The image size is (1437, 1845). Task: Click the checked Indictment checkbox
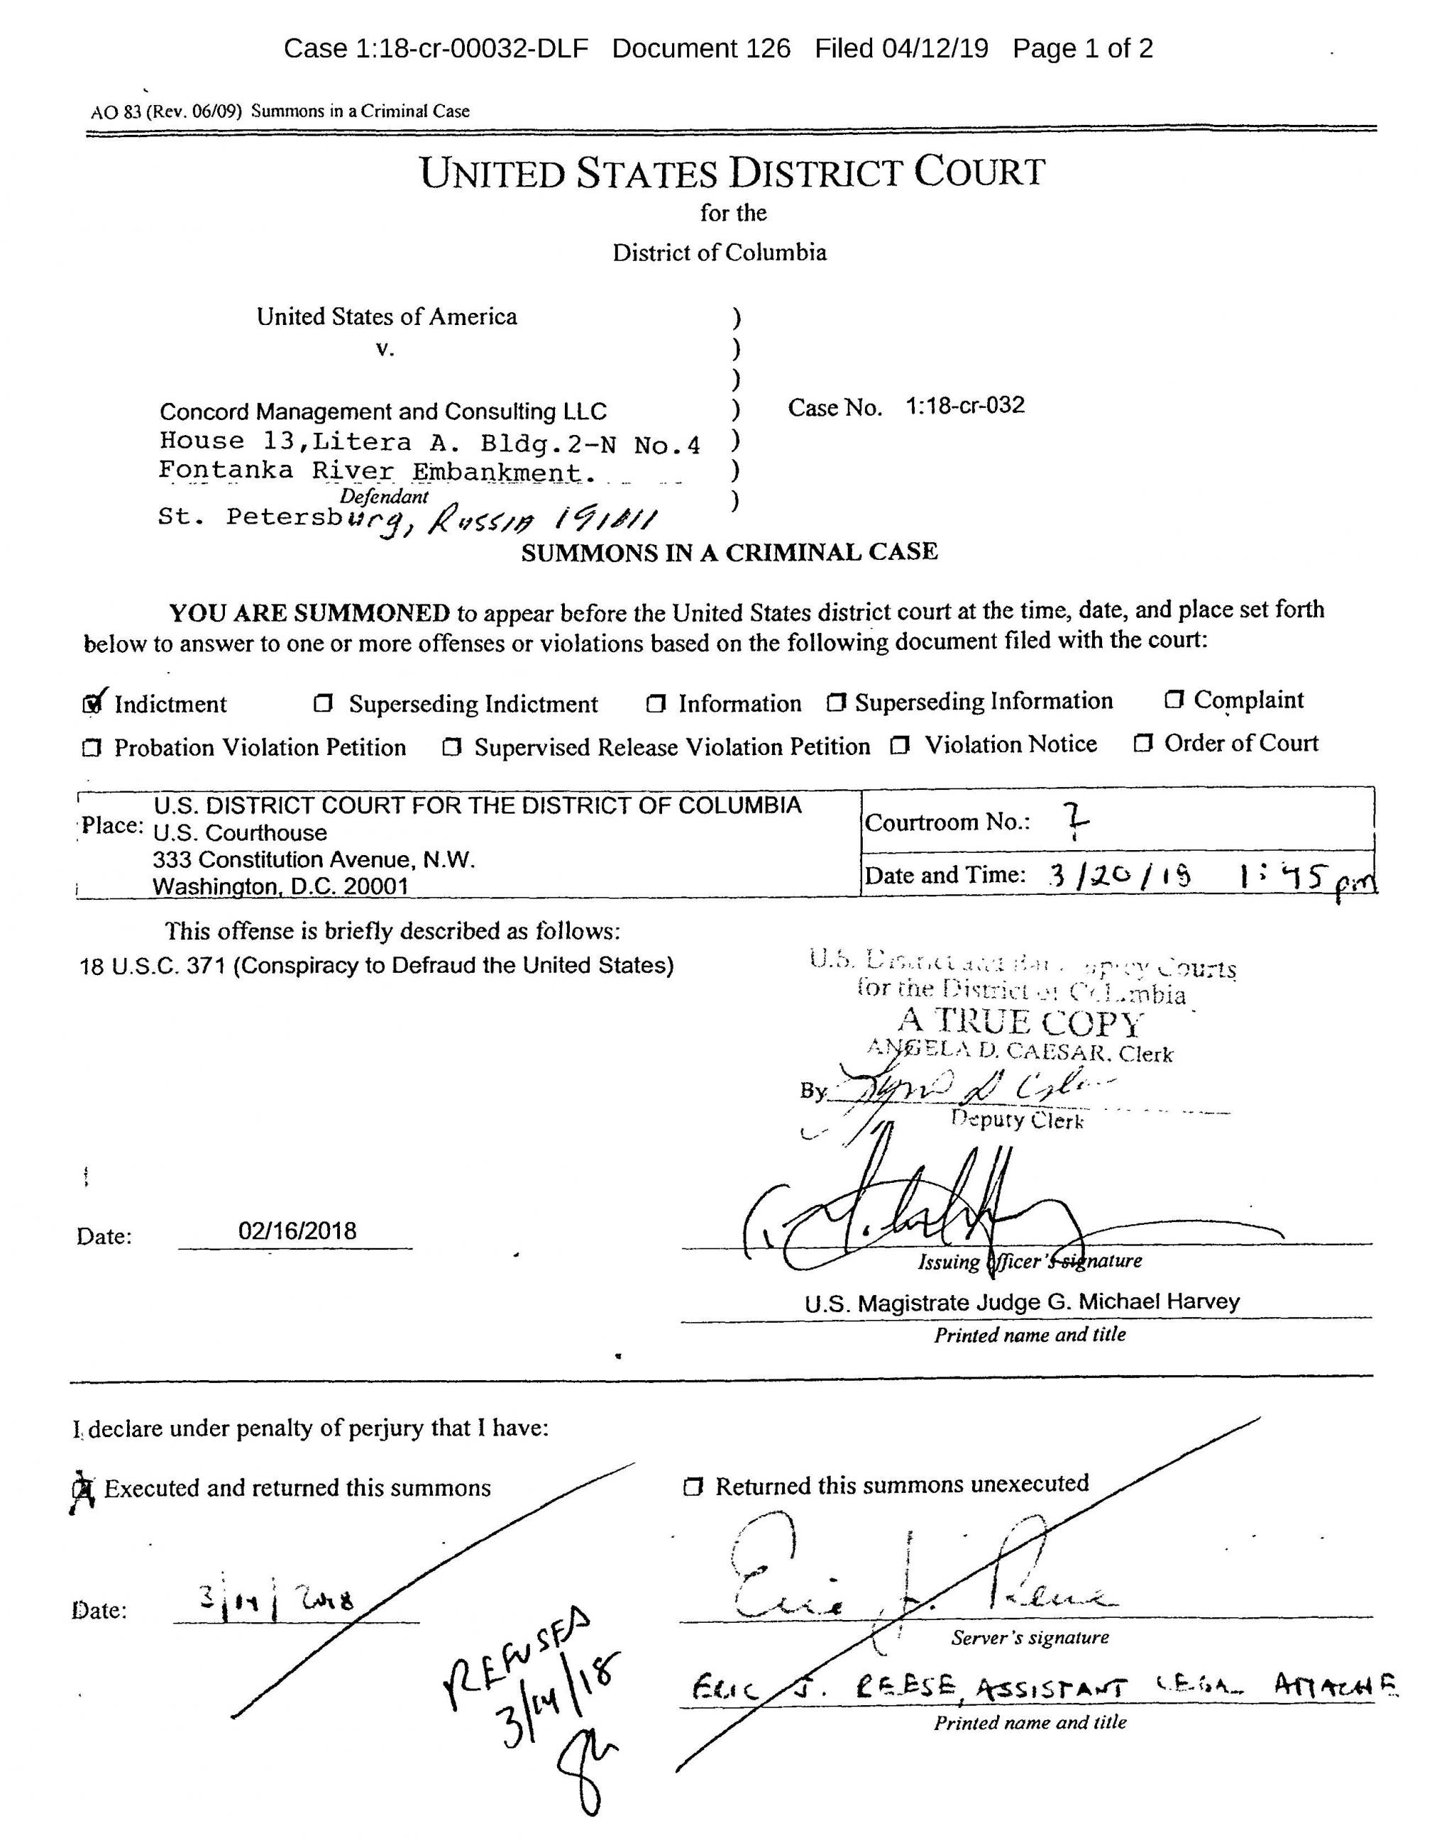point(92,704)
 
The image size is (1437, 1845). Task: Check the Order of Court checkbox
point(1143,744)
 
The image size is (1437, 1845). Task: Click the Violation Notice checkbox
point(901,745)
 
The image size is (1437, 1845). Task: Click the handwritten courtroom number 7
point(1074,820)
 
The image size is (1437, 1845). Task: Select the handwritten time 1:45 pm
point(1305,879)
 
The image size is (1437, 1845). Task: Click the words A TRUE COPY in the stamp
point(1020,1023)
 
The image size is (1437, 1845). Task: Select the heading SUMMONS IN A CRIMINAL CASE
point(729,553)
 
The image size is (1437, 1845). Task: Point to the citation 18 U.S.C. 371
point(153,966)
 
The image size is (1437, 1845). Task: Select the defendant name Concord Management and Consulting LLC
point(382,412)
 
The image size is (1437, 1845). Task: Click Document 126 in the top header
point(701,48)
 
